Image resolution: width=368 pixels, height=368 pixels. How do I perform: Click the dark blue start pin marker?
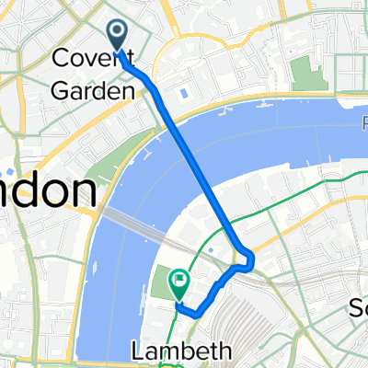click(119, 35)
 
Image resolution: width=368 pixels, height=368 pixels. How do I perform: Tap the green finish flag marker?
click(178, 278)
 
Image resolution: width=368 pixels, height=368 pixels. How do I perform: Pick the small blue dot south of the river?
click(211, 250)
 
